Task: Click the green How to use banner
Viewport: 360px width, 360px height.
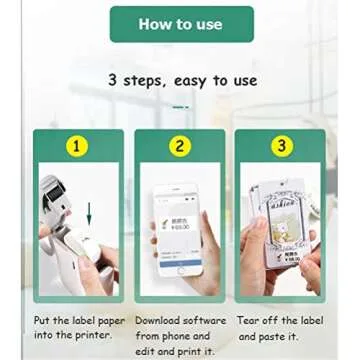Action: click(181, 24)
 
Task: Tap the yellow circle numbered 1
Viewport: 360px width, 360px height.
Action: click(77, 146)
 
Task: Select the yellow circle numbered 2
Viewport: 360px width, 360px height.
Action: click(180, 146)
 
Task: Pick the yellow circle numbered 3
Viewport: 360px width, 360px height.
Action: click(282, 146)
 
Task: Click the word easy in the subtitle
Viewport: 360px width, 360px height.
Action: click(190, 80)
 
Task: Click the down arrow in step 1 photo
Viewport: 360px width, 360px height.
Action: click(89, 212)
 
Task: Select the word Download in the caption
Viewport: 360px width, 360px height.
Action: click(159, 320)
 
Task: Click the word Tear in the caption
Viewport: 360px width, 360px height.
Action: click(251, 320)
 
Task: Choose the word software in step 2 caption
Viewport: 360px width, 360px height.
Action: click(206, 320)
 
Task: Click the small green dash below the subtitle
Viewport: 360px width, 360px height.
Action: click(180, 106)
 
